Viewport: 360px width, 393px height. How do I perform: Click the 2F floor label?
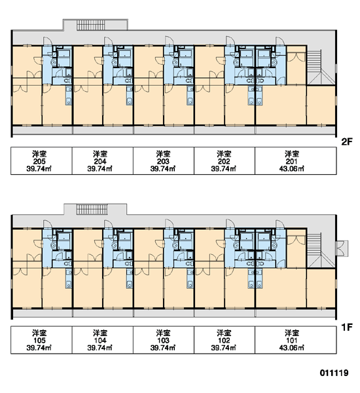click(347, 142)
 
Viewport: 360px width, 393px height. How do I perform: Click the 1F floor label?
click(347, 327)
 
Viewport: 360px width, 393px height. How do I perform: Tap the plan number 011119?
click(334, 373)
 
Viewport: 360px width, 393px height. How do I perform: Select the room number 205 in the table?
click(39, 161)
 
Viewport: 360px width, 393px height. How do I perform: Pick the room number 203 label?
click(163, 161)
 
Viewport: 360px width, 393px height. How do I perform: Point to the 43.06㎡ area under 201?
click(292, 169)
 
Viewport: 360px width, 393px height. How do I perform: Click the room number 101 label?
click(292, 341)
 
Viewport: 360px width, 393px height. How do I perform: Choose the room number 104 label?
click(100, 341)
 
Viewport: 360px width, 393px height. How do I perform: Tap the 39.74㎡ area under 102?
click(224, 348)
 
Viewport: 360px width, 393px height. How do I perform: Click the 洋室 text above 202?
click(224, 154)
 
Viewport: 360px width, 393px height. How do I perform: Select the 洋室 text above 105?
click(39, 333)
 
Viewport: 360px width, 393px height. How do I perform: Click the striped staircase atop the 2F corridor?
click(92, 26)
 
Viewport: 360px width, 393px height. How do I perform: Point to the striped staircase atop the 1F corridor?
click(92, 210)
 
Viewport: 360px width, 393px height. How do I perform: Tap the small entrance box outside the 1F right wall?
click(342, 248)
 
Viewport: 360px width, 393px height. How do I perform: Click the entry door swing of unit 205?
click(47, 41)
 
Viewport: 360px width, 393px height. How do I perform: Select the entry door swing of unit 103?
click(169, 224)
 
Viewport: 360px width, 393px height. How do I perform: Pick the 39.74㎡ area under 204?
click(100, 169)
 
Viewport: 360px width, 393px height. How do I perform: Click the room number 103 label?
click(163, 341)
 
